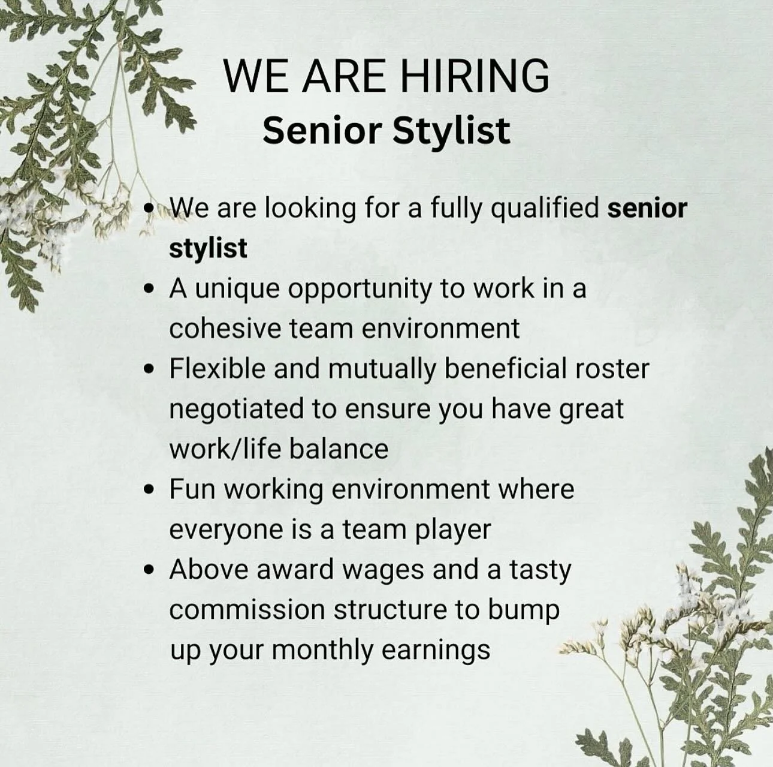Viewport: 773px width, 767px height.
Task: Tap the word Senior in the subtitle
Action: pyautogui.click(x=322, y=130)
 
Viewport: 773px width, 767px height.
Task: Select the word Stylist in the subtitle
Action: pyautogui.click(x=451, y=130)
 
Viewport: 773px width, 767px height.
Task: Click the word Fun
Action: pyautogui.click(x=192, y=489)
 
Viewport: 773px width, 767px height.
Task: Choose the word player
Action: pyautogui.click(x=453, y=530)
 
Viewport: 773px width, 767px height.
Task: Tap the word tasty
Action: pyautogui.click(x=540, y=570)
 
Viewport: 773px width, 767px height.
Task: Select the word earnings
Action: pyautogui.click(x=436, y=650)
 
